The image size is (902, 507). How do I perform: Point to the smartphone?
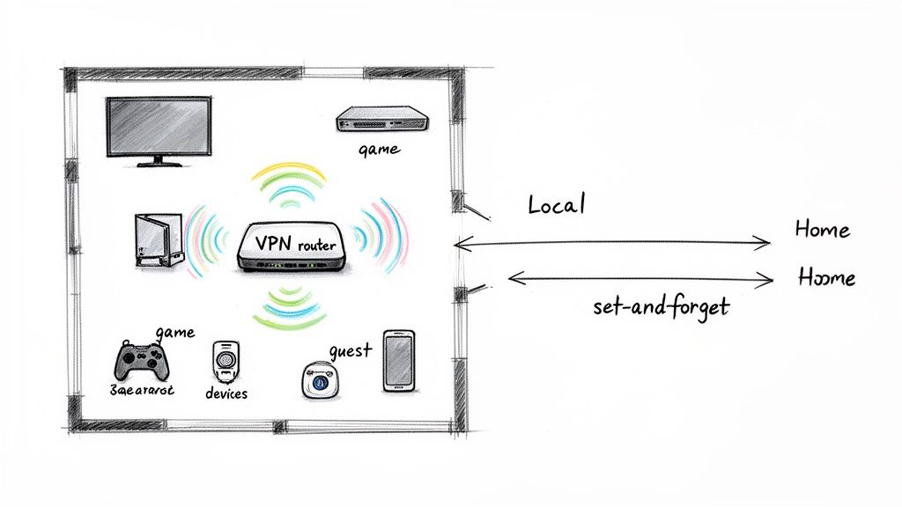point(397,361)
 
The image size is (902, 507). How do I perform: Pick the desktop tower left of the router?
point(159,240)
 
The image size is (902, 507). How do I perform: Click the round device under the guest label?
point(320,381)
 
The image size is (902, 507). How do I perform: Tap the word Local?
point(556,206)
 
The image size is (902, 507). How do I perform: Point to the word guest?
point(350,350)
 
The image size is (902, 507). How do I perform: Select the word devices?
point(225,393)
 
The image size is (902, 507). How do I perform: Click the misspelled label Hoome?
point(825,277)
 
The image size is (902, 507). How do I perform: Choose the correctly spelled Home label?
point(822,230)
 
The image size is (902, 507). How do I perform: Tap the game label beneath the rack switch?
point(379,151)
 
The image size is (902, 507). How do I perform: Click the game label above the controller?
point(174,333)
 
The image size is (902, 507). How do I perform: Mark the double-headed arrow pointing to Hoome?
point(640,279)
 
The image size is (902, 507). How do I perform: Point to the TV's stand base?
point(159,162)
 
